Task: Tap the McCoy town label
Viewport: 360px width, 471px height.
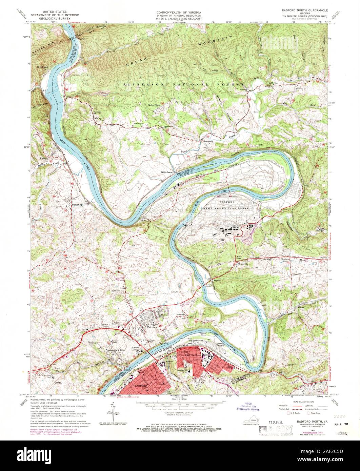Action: click(98, 118)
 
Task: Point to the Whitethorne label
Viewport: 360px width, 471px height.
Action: click(167, 172)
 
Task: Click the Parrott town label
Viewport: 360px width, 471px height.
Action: click(43, 159)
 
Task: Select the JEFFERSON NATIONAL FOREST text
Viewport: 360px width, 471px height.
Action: click(183, 84)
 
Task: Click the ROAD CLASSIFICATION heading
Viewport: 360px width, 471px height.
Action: click(297, 400)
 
